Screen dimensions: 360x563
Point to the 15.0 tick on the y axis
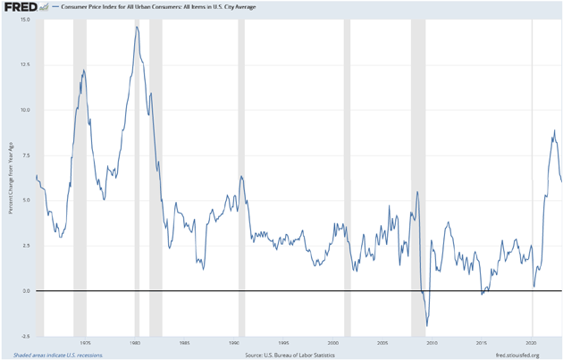coord(25,20)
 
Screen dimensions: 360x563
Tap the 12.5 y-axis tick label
coord(25,64)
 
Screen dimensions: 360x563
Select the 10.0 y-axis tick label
coord(25,110)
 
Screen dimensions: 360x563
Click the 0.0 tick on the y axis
coord(27,291)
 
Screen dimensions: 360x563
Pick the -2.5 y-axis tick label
coord(25,336)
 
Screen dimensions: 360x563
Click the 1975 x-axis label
coord(85,343)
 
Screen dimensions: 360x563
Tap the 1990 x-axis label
coord(234,343)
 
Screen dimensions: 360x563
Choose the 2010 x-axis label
coord(433,343)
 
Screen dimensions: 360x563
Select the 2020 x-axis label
coord(532,343)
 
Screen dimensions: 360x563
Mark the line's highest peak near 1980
coord(137,27)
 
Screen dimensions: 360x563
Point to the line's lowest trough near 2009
coord(427,326)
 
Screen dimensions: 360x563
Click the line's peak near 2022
coord(554,130)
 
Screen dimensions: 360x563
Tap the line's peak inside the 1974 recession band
coord(83,70)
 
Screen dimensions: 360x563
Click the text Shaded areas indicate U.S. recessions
coord(52,355)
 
